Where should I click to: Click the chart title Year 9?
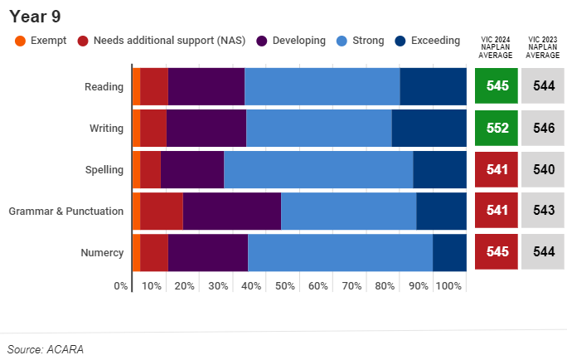35,17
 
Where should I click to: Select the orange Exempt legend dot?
21,41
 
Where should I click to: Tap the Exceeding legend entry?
434,41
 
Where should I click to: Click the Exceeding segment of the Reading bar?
433,86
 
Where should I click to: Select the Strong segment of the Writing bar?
318,128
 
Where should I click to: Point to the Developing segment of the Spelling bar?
192,169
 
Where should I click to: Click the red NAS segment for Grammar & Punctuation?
162,211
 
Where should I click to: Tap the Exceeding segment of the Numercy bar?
449,252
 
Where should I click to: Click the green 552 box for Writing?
497,128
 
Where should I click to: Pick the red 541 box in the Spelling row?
497,169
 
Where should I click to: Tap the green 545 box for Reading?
497,86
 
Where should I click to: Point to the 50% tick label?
284,286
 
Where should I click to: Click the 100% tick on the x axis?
448,286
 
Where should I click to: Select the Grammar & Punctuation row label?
66,211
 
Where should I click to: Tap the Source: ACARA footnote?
46,349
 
